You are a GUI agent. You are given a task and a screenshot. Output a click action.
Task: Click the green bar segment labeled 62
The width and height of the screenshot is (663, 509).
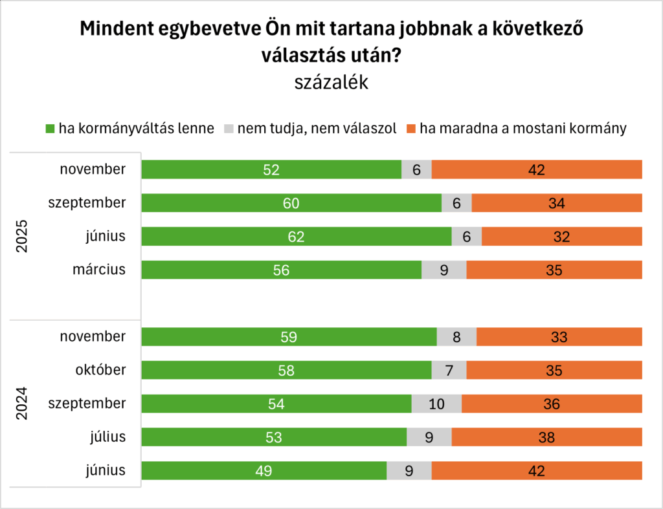(x=296, y=237)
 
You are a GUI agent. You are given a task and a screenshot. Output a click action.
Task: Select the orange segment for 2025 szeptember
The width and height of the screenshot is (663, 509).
(x=557, y=203)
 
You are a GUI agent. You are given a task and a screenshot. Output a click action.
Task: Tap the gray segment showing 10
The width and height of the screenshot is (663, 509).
(x=436, y=404)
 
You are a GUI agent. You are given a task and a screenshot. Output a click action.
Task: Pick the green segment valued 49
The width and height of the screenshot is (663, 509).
(x=264, y=471)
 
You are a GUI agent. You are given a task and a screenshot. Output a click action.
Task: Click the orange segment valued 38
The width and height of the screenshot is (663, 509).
(x=546, y=437)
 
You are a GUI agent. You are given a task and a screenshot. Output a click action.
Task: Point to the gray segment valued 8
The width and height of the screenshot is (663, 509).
(x=456, y=337)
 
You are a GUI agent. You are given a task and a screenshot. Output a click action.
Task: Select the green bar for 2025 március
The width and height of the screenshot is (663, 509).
(x=281, y=270)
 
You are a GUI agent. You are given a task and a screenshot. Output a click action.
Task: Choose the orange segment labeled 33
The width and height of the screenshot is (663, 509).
(x=559, y=337)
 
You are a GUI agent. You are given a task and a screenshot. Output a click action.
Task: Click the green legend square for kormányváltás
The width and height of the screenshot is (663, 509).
(x=51, y=128)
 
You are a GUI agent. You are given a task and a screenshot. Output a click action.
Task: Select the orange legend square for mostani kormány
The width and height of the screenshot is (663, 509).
(x=412, y=128)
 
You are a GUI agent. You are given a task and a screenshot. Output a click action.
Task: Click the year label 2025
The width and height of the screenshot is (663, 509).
(x=21, y=237)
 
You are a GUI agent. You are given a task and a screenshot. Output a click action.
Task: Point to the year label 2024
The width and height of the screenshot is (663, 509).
(x=21, y=404)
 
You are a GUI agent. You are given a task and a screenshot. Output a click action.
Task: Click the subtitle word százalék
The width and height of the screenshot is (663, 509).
(x=331, y=83)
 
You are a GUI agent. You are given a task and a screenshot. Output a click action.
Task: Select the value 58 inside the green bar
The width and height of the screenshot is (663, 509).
(x=286, y=371)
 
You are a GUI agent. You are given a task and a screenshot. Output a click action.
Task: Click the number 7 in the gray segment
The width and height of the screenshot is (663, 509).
(x=449, y=371)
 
